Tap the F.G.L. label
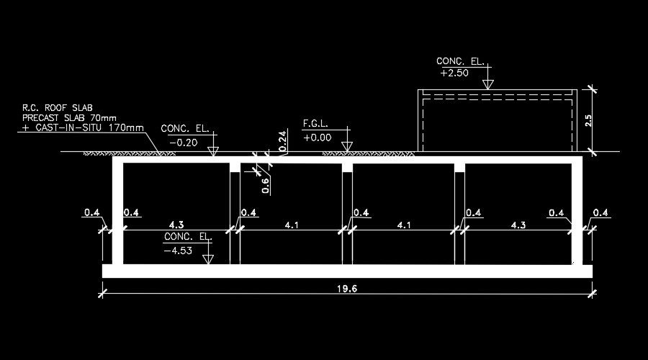coord(316,124)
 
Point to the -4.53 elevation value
coord(177,251)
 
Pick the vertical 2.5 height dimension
coord(588,120)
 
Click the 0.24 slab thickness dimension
coord(283,140)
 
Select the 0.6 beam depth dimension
coord(266,185)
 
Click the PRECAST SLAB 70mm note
coord(69,117)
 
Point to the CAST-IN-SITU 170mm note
coord(83,127)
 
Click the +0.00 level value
coord(318,137)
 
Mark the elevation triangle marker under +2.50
coord(488,84)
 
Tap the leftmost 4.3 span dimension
coord(176,225)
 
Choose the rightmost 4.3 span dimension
coord(518,225)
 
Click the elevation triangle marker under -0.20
coord(212,151)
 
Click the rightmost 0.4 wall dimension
coord(600,212)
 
